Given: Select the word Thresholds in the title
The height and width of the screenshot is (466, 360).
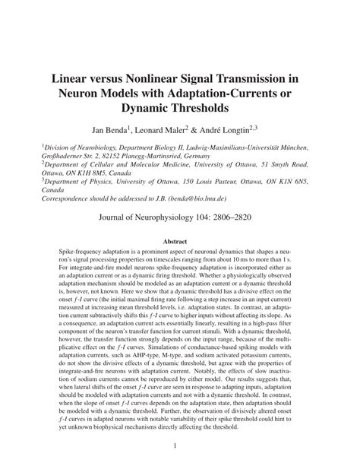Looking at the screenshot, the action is click(179, 109).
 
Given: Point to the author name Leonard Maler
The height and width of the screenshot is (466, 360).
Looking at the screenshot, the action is click(170, 129).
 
